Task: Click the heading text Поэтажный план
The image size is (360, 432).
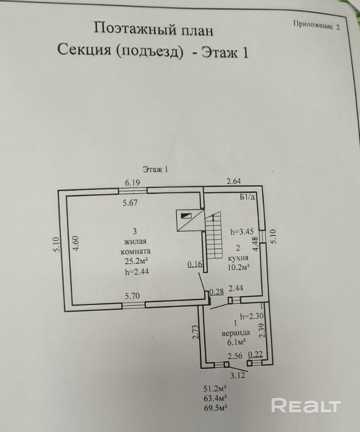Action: tap(153, 29)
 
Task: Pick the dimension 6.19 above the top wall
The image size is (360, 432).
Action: tap(133, 183)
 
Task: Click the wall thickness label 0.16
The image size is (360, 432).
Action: tap(195, 265)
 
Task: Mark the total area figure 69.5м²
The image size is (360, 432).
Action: tap(216, 408)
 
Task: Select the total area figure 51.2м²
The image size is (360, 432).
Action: tap(216, 388)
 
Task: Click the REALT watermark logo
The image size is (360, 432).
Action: tap(306, 405)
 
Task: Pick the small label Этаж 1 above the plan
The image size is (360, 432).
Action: tap(155, 170)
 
